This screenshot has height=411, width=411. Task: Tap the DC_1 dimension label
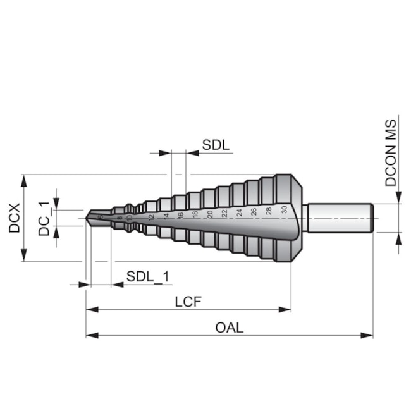pos(44,218)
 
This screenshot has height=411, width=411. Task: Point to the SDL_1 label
pos(147,276)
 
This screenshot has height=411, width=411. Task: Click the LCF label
pos(188,301)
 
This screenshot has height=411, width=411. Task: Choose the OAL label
pos(229,327)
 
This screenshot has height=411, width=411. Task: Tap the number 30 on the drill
pos(285,209)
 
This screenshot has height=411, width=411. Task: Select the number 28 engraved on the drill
pos(269,211)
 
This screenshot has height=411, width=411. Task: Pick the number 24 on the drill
pos(240,212)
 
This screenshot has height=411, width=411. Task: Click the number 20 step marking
pos(210,214)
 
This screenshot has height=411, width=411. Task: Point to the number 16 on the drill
pos(180,215)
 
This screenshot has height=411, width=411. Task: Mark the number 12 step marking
pos(151,217)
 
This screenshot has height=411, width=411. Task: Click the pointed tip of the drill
pos(88,218)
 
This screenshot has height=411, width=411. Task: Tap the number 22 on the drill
pos(224,213)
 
